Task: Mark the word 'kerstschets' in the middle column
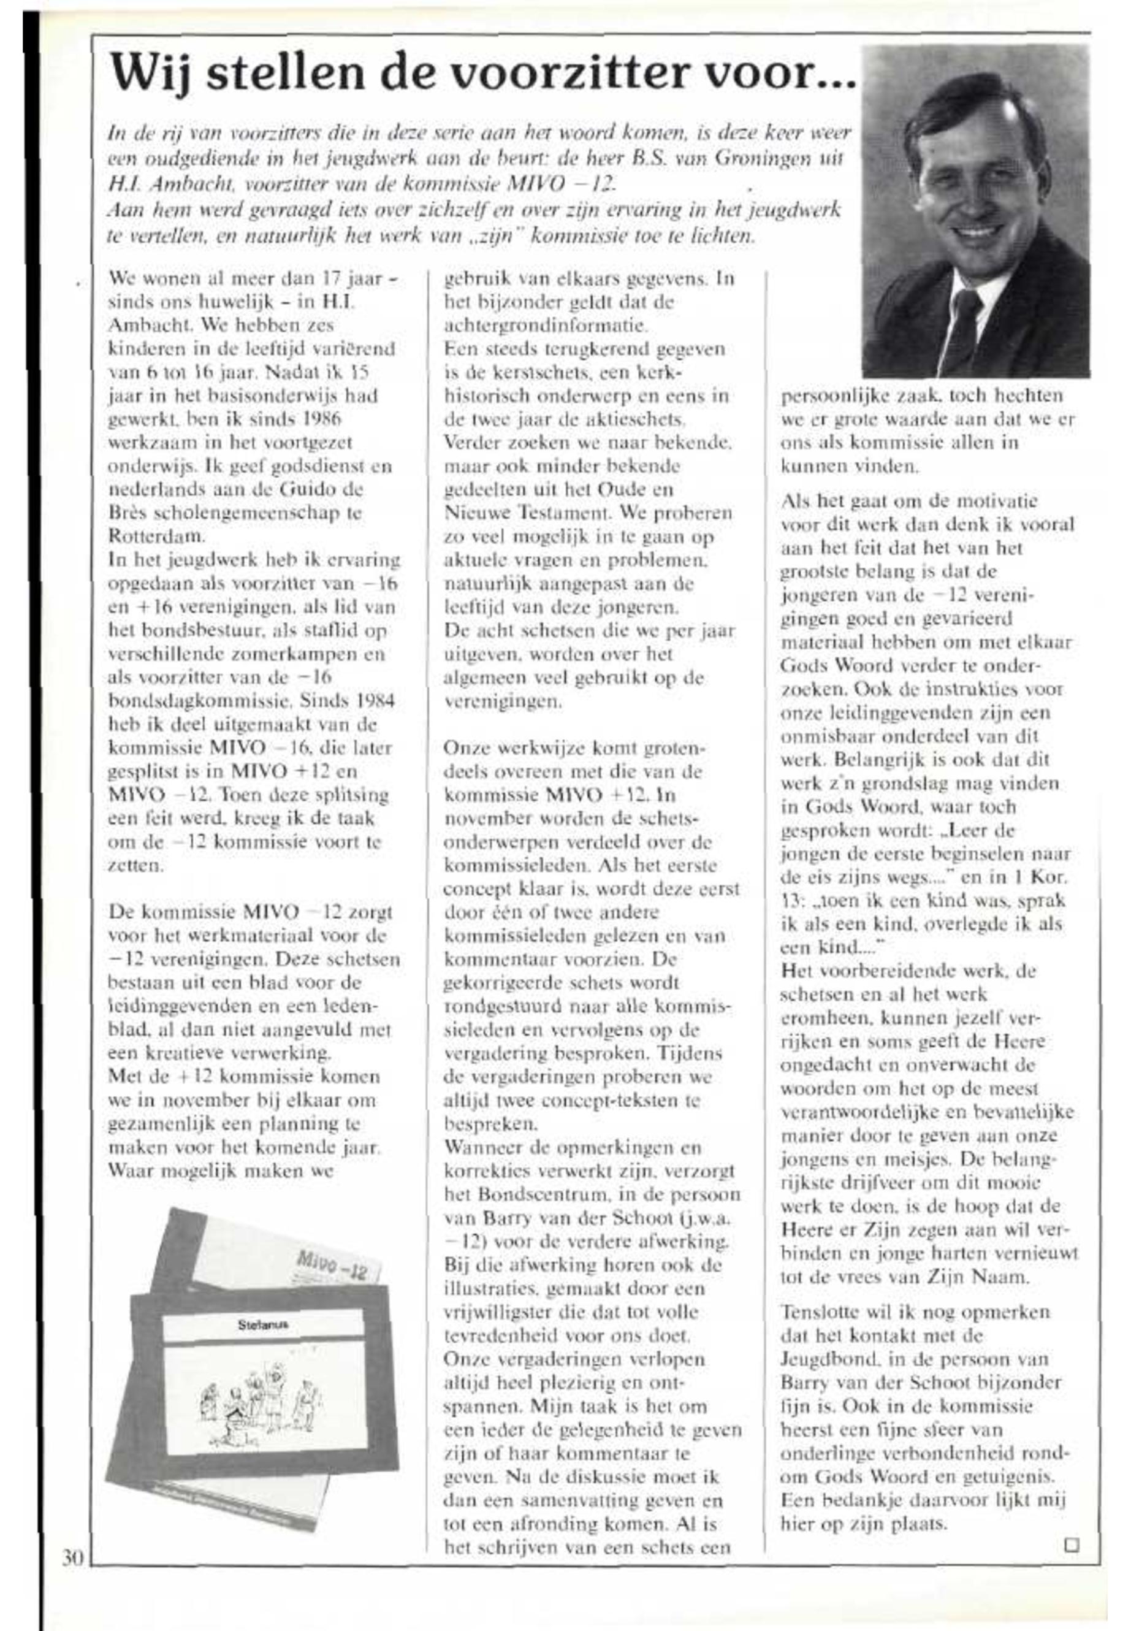click(531, 372)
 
